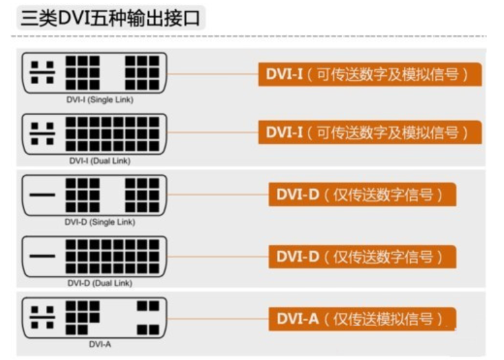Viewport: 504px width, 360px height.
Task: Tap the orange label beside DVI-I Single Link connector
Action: [x=371, y=74]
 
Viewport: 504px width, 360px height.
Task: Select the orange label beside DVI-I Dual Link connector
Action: [x=371, y=133]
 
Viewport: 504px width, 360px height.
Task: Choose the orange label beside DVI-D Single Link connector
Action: [x=362, y=194]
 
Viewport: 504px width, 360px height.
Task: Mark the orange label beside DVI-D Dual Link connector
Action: [x=362, y=256]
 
